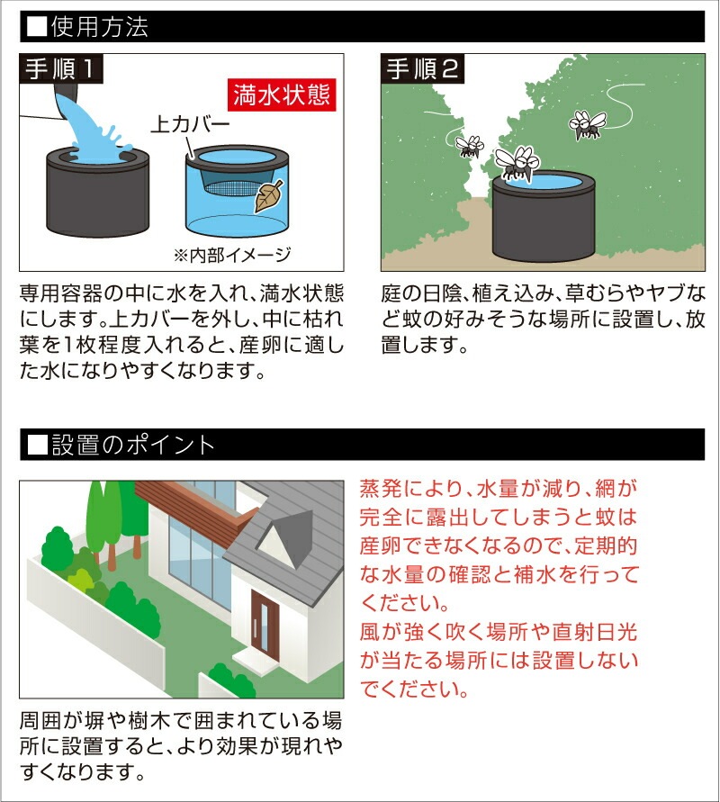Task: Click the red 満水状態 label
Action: (282, 95)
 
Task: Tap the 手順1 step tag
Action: (61, 68)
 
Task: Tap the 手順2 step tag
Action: (423, 68)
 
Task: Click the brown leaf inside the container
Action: (268, 196)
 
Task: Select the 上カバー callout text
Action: (190, 124)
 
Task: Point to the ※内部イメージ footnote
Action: (233, 254)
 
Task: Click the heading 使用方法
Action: (99, 27)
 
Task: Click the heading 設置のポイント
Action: (133, 445)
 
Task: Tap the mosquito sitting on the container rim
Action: (517, 163)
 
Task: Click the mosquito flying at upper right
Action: (587, 124)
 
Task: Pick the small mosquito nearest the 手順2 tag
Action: (470, 146)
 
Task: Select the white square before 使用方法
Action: (37, 27)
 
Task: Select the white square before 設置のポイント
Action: (37, 445)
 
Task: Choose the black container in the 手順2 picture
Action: (543, 216)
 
